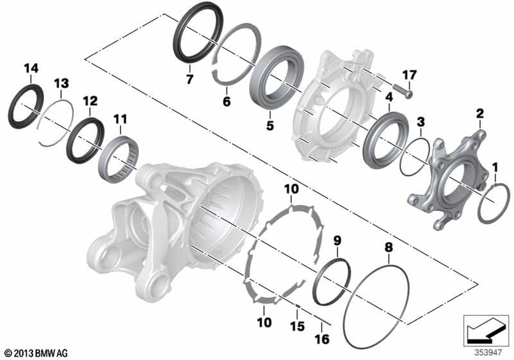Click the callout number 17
[x=409, y=75]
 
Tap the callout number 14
[x=31, y=68]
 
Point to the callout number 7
[x=189, y=79]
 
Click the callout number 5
[x=270, y=125]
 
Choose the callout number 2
[x=480, y=114]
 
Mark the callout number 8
[x=389, y=247]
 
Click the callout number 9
[x=337, y=241]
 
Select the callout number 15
[x=297, y=326]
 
